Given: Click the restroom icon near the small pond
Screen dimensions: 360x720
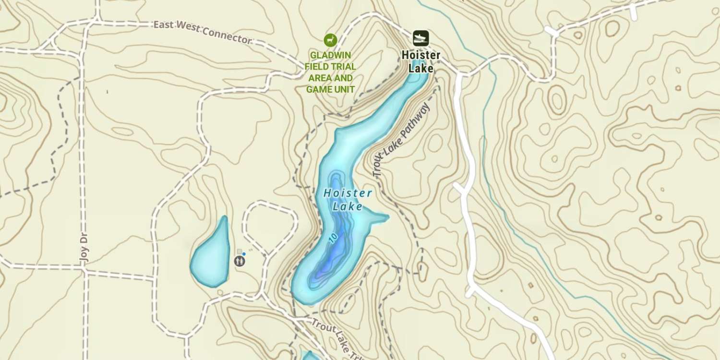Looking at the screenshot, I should click(x=240, y=261).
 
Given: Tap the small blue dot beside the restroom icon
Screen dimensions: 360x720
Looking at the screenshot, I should click(x=244, y=254).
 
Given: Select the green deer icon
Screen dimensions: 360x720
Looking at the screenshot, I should click(x=330, y=40).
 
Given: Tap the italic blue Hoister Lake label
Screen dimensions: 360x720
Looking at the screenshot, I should click(x=348, y=200).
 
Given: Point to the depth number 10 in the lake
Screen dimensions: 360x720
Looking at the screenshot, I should click(x=333, y=238).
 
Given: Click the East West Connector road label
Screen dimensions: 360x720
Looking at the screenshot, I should click(x=202, y=32).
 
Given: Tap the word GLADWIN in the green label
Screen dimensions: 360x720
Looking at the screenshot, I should click(x=330, y=55).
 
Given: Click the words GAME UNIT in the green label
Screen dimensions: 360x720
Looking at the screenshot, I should click(x=330, y=89).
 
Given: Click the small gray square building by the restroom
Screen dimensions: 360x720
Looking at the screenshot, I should click(x=240, y=251).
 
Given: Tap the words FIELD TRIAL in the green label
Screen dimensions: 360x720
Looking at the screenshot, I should click(x=330, y=67).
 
